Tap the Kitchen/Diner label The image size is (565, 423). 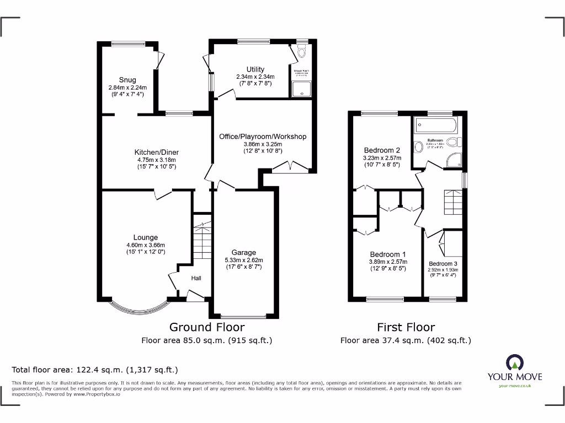coord(157,153)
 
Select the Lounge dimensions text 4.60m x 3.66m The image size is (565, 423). coord(145,245)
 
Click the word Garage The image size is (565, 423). coord(243,253)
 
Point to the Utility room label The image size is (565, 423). coord(255,69)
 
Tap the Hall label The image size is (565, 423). coord(196,278)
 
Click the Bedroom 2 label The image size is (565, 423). coord(382,150)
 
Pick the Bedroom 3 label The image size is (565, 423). coord(443,264)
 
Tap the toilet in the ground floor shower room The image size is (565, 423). coord(301,53)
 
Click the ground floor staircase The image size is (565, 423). coord(202,239)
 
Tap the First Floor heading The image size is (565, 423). coord(406,327)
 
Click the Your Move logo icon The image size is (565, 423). coord(514,362)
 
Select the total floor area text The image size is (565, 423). coord(95,370)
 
